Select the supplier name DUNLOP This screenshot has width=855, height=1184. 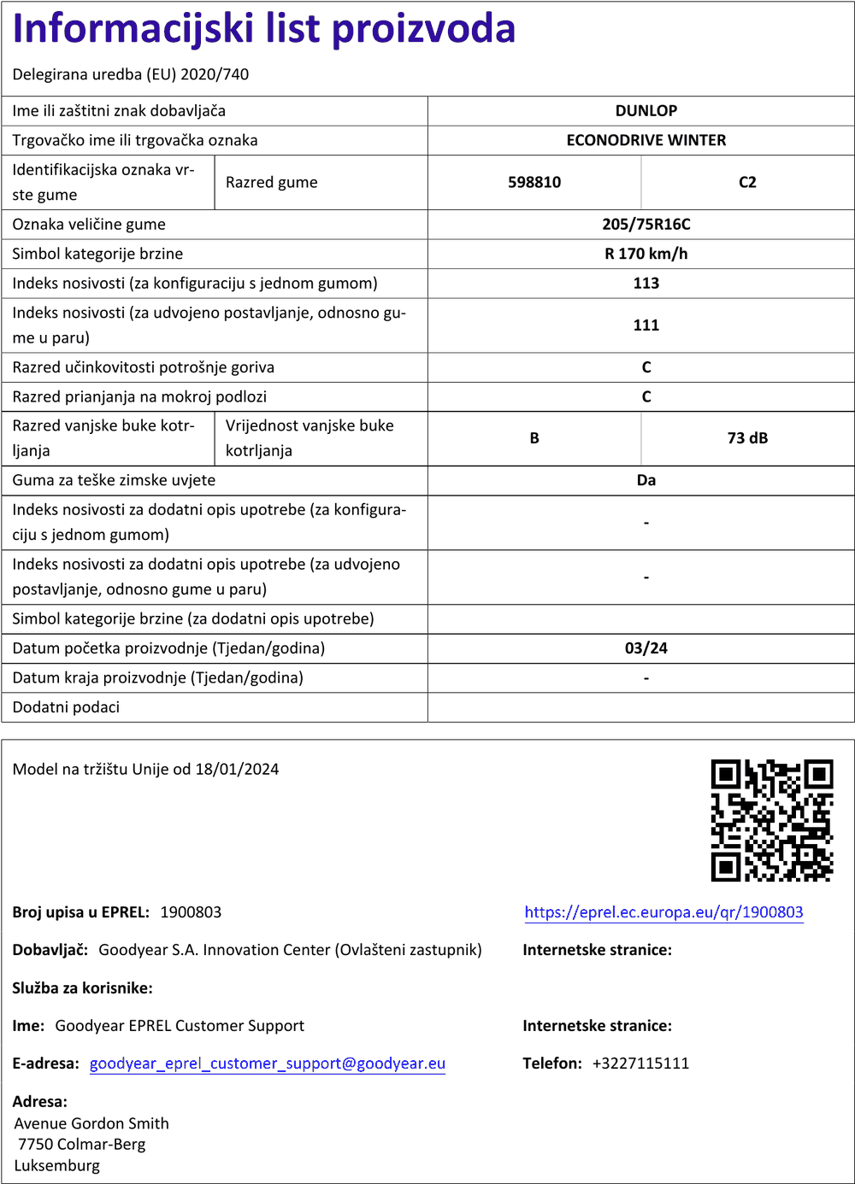[x=646, y=111]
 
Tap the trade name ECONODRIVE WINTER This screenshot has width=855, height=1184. [x=646, y=140]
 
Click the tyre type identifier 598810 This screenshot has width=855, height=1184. [x=534, y=182]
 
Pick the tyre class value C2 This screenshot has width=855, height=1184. [x=747, y=182]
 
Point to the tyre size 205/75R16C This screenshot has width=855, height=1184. [x=646, y=225]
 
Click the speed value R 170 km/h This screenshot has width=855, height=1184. [x=646, y=254]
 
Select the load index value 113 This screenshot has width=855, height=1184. [x=646, y=284]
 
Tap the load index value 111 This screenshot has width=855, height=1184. [x=646, y=325]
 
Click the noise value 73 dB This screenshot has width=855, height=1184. [x=747, y=438]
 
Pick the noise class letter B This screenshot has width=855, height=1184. [x=534, y=438]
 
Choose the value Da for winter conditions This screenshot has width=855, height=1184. [x=646, y=480]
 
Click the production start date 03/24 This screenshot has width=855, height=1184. [x=646, y=648]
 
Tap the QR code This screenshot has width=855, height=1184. [x=771, y=820]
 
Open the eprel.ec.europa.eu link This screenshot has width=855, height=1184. [x=663, y=912]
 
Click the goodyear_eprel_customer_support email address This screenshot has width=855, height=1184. [x=268, y=1064]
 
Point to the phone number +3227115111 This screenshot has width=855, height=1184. [x=640, y=1064]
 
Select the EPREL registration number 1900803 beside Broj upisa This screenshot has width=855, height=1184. [x=191, y=912]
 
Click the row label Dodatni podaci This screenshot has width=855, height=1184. [x=66, y=707]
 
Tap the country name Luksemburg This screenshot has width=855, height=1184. [x=57, y=1166]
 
